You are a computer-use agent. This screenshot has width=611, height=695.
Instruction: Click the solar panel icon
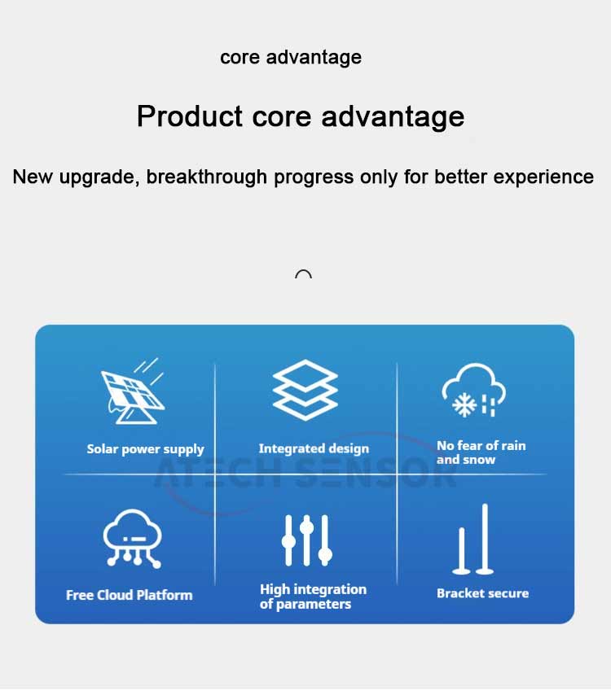(x=132, y=391)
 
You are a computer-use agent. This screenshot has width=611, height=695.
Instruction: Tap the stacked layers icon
(x=305, y=390)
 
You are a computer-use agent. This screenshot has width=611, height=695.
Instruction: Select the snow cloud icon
(x=473, y=390)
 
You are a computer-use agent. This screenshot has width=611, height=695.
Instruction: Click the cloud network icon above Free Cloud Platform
(x=132, y=539)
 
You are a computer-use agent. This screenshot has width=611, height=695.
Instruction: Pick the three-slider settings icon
(x=306, y=540)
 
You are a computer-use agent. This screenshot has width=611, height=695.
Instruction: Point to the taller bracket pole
(x=485, y=539)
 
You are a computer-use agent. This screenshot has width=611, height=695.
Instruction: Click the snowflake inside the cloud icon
(x=464, y=404)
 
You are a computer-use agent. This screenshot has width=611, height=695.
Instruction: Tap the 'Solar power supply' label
(x=145, y=449)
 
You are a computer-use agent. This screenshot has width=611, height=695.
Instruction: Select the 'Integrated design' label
(x=314, y=448)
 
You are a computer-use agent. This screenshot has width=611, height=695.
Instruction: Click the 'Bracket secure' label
(x=482, y=593)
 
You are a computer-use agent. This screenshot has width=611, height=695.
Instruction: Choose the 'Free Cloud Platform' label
(x=129, y=595)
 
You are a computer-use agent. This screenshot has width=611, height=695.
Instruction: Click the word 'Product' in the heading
(x=190, y=116)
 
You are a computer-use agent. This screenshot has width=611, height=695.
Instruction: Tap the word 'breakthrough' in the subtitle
(x=206, y=177)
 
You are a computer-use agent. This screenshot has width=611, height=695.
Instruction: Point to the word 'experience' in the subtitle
(x=543, y=177)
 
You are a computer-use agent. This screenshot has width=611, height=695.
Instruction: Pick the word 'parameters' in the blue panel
(x=314, y=605)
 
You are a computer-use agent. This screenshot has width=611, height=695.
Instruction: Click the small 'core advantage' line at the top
(x=291, y=58)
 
